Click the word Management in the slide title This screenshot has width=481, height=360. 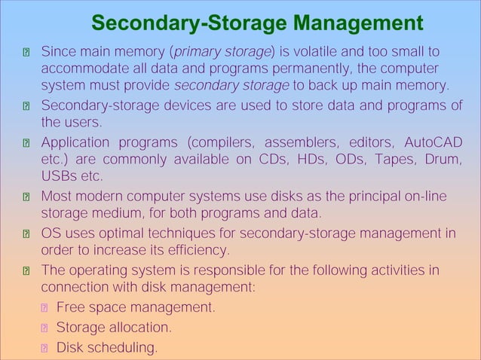click(357, 23)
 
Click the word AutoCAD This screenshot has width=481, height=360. click(433, 143)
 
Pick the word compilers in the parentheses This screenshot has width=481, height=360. click(225, 143)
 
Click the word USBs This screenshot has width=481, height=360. click(60, 176)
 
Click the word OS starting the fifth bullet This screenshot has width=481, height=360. click(51, 233)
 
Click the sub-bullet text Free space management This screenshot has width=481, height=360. click(136, 307)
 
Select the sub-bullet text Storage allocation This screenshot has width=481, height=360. click(114, 328)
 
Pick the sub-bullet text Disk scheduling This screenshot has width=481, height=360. click(107, 347)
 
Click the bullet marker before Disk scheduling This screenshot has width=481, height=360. click(45, 348)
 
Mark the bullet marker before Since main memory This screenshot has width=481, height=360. click(26, 53)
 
